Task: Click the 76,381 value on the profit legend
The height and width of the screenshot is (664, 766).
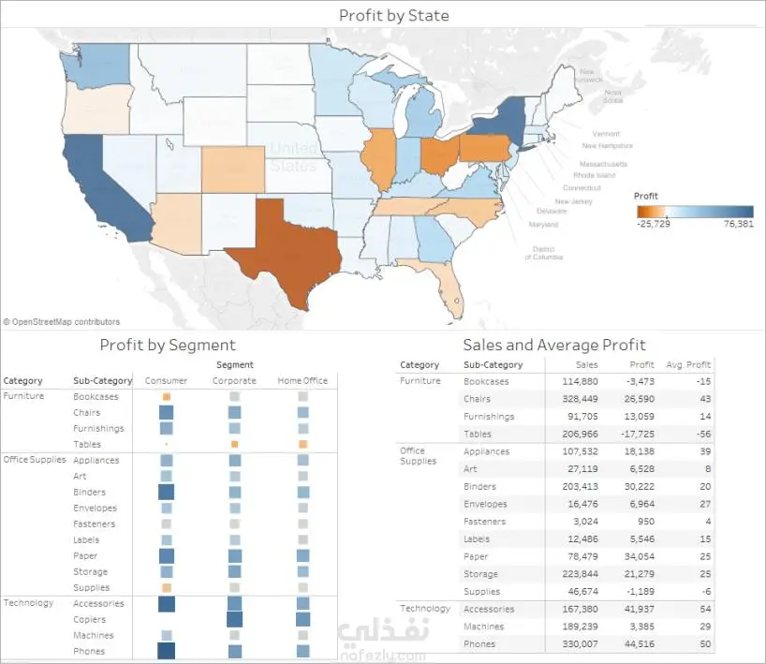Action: pyautogui.click(x=738, y=224)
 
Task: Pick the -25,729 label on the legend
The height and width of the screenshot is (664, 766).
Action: pyautogui.click(x=652, y=224)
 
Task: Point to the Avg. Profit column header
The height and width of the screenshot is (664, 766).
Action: pyautogui.click(x=688, y=364)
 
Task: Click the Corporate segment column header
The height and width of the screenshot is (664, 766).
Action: pyautogui.click(x=234, y=380)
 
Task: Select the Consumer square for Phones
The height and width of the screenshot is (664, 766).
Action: pyautogui.click(x=166, y=651)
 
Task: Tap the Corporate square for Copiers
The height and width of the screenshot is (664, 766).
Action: pyautogui.click(x=234, y=619)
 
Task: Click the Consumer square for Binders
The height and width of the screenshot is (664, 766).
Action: pyautogui.click(x=166, y=492)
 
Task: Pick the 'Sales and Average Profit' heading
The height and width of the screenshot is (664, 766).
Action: pyautogui.click(x=554, y=345)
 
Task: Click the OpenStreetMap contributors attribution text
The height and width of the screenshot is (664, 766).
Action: pyautogui.click(x=62, y=322)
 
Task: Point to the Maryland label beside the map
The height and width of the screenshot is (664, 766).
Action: pyautogui.click(x=543, y=225)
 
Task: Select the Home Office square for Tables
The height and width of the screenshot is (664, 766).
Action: pyautogui.click(x=302, y=444)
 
